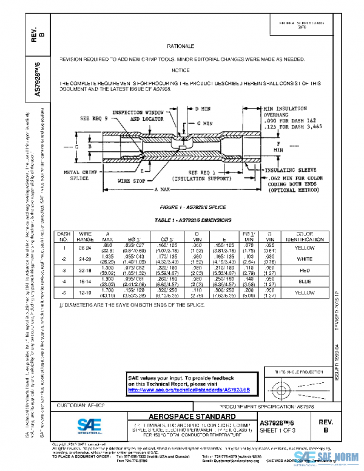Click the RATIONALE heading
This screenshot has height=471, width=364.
click(x=180, y=46)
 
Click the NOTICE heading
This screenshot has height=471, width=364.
click(x=180, y=70)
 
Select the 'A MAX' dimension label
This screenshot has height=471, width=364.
click(x=161, y=190)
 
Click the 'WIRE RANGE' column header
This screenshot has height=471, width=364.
click(x=86, y=236)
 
